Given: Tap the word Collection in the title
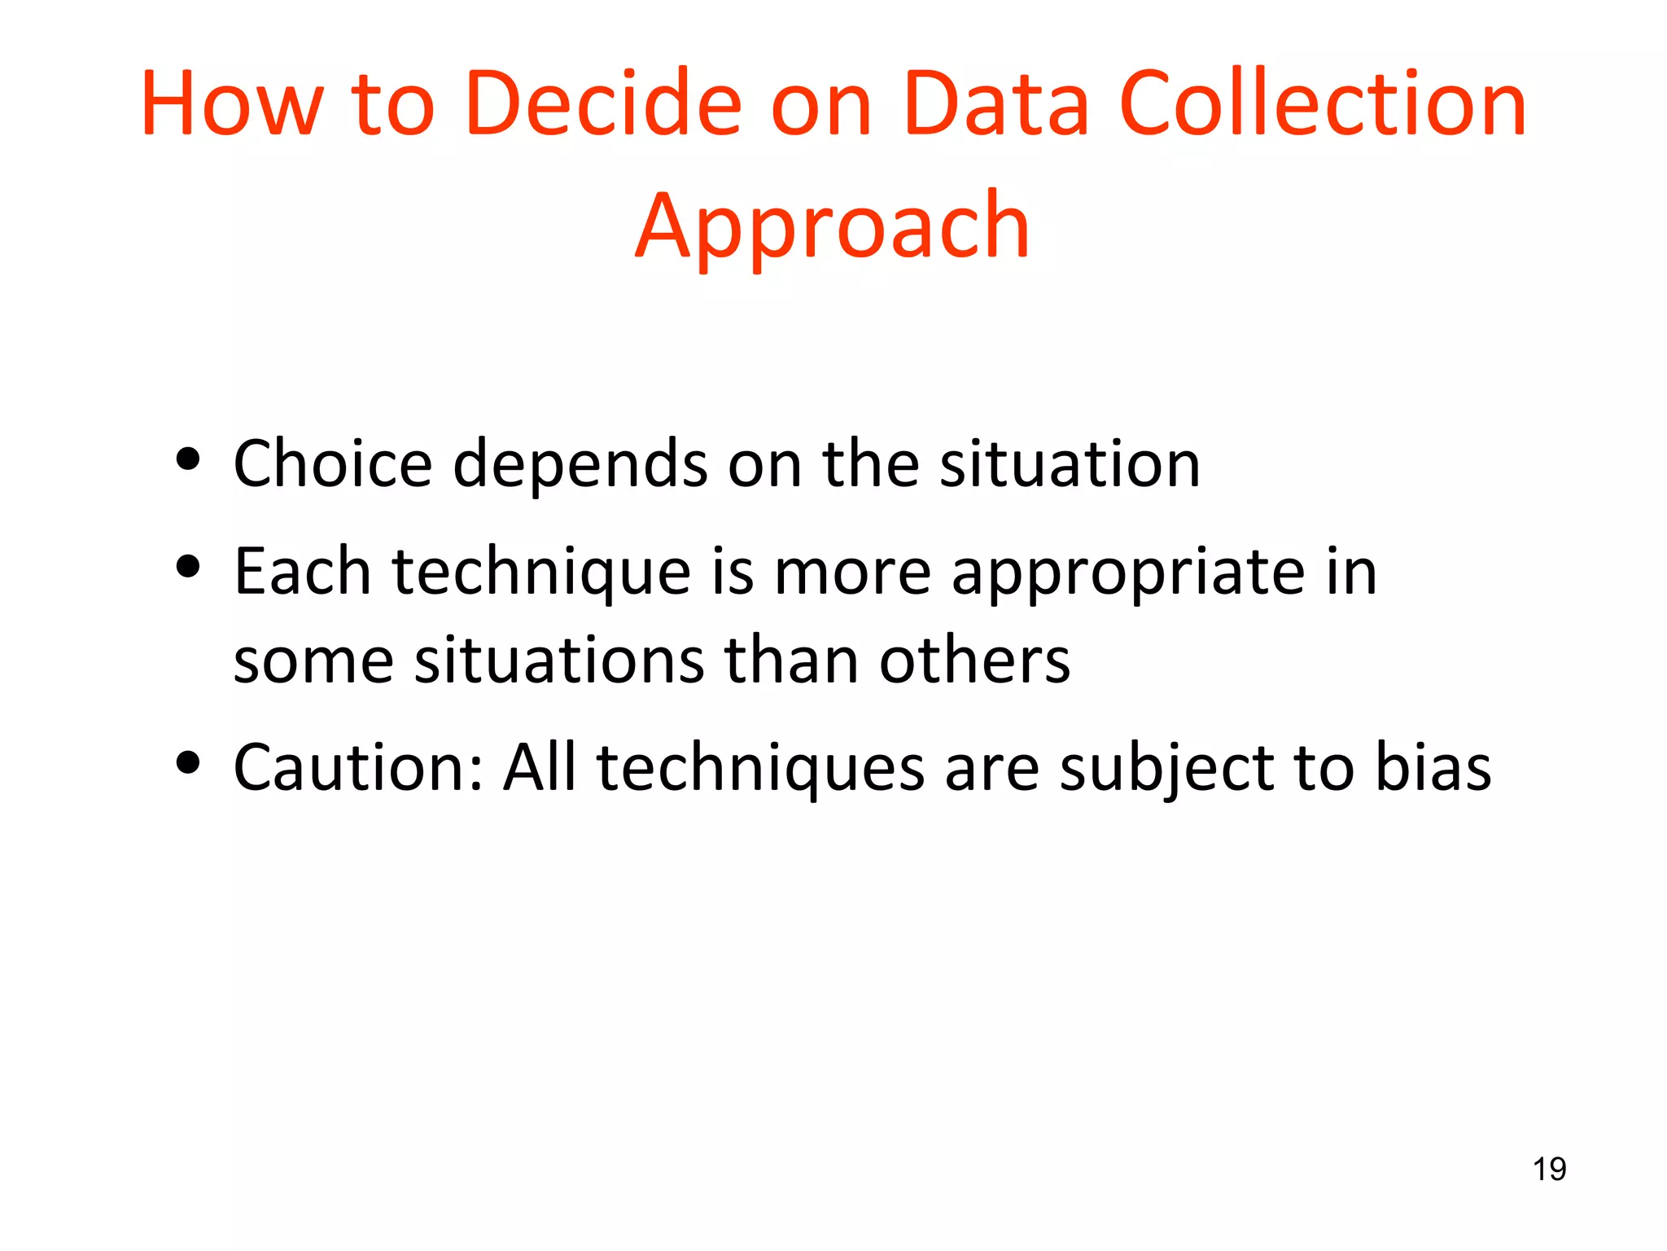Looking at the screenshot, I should click(1323, 103).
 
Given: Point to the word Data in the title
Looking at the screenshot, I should click(995, 103).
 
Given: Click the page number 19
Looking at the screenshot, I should click(1549, 1170).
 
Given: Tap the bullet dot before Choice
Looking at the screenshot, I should click(188, 459).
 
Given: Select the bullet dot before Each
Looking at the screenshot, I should click(188, 567).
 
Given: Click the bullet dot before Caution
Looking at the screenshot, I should click(188, 763).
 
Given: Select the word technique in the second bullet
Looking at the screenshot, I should click(541, 573).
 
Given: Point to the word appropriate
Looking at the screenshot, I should click(1128, 573).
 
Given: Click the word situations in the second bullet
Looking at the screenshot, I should click(558, 659).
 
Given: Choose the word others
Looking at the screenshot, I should click(974, 659).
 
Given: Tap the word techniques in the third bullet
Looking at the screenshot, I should click(760, 769).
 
